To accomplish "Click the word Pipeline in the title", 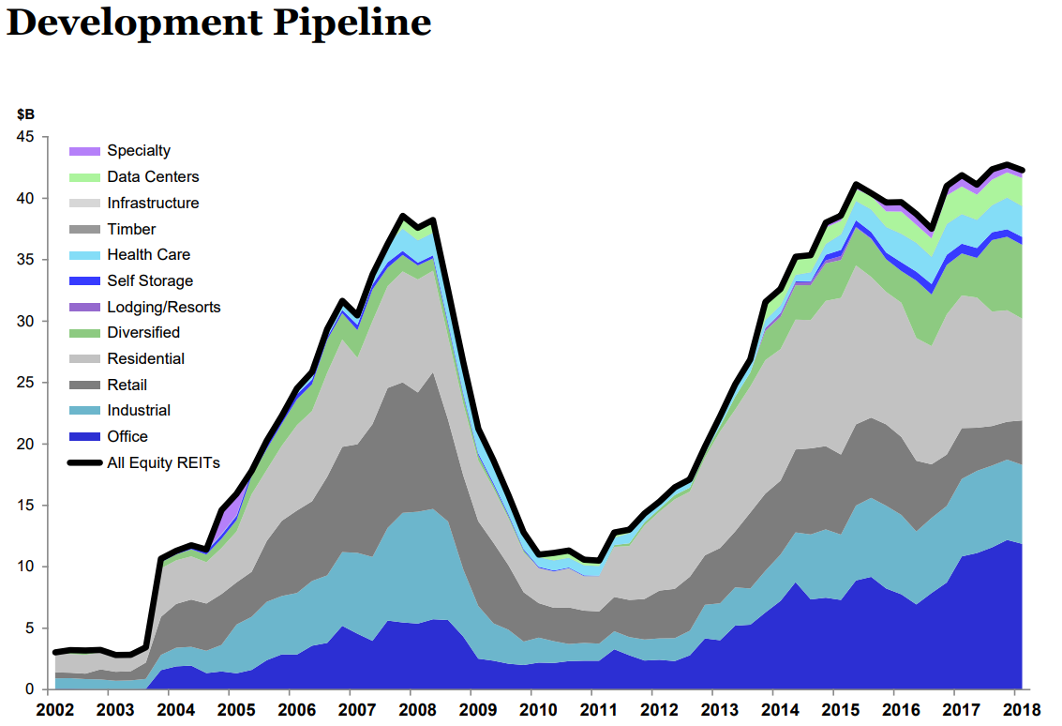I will point(352,23).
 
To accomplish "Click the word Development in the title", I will point(135,23).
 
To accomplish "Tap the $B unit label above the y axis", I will point(25,114).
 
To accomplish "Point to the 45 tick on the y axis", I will point(25,137).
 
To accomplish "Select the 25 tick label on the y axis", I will point(25,383).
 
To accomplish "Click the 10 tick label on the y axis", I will point(25,567).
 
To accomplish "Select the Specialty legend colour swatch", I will point(84,151).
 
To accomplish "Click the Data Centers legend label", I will point(153,176).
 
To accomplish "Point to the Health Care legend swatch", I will point(84,255).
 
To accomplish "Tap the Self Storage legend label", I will point(150,280).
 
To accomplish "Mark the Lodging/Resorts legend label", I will point(164,307).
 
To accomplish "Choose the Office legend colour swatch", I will point(84,437).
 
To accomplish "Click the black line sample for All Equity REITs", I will point(84,462).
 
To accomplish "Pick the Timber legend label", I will point(131,229).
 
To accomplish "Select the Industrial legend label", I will point(139,411).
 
